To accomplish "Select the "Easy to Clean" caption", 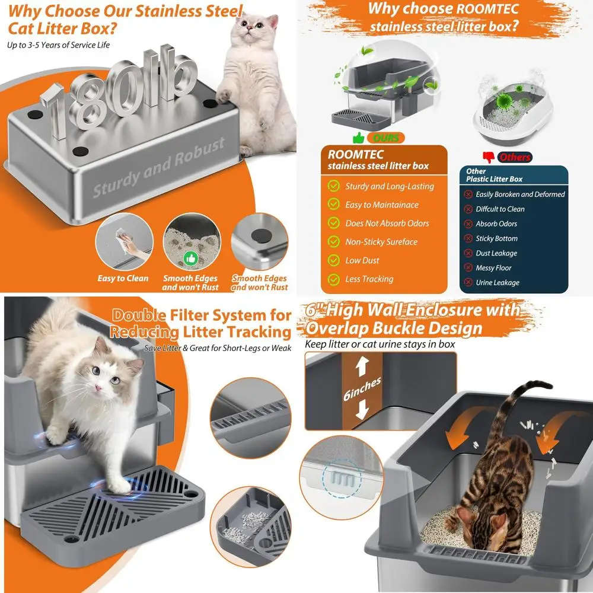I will click(x=123, y=278).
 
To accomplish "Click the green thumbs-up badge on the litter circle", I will click(x=190, y=259).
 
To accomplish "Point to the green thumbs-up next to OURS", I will click(x=358, y=138).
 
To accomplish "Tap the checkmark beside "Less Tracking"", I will click(x=334, y=279).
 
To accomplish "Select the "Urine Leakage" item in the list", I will click(x=497, y=283).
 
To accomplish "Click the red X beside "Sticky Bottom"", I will click(x=468, y=238).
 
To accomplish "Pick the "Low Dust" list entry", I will click(x=362, y=260).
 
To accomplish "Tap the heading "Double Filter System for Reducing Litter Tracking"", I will click(x=202, y=323).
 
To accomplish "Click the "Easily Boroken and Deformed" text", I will click(x=520, y=195).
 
